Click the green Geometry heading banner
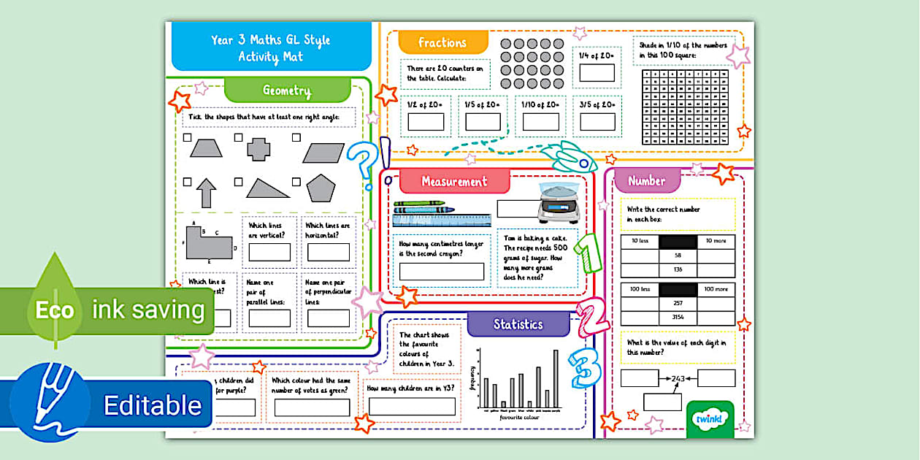287,91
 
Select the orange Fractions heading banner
442,43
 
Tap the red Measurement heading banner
453,181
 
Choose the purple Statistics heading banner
518,323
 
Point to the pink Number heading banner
647,180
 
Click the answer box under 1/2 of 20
426,122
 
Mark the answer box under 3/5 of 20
597,122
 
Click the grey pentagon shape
321,188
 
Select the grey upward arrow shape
207,193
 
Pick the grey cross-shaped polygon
258,149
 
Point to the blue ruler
441,221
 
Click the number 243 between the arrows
679,377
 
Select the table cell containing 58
678,256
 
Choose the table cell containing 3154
678,318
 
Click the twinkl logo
708,420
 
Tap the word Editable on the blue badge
153,405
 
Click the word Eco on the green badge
55,310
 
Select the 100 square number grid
685,107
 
